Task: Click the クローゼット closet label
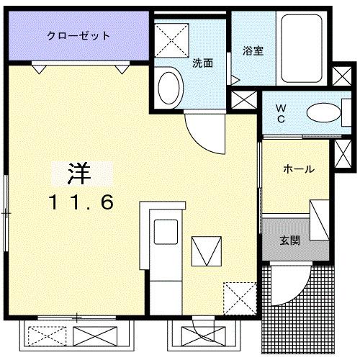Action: coord(78,35)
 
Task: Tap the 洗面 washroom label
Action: coord(203,63)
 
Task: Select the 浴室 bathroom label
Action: coord(253,51)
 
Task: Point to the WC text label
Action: coord(281,113)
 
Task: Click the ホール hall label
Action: coord(298,169)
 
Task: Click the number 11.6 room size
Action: coord(81,202)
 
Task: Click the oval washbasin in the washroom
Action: coord(170,84)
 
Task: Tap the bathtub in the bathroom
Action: coord(303,48)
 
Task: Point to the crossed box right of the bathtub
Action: coord(342,76)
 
